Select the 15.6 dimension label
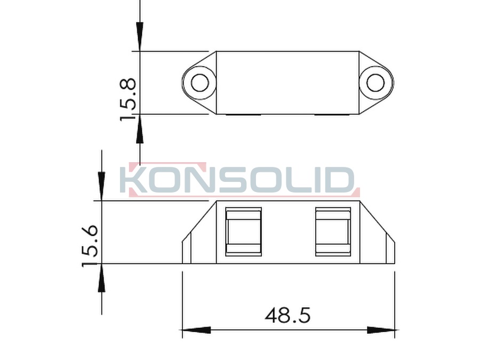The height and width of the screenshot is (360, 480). click(x=90, y=246)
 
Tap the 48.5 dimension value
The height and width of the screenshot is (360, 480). click(x=287, y=315)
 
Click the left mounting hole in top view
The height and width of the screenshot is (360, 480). click(x=200, y=83)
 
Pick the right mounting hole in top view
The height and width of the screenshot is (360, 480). click(x=375, y=83)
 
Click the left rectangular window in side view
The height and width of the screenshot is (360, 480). click(x=243, y=232)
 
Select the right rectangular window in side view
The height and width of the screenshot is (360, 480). click(x=333, y=232)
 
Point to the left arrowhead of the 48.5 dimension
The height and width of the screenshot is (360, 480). click(x=196, y=330)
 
